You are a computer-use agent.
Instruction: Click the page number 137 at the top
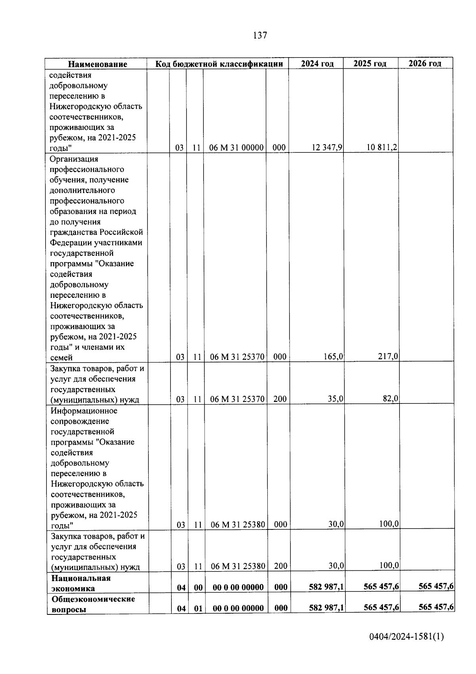coord(260,35)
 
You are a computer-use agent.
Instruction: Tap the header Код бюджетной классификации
coord(219,64)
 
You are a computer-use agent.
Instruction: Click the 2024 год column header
coord(317,64)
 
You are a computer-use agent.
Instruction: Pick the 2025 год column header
coord(370,64)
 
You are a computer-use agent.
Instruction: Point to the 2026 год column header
coord(425,63)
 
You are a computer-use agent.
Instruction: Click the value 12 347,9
coord(327,148)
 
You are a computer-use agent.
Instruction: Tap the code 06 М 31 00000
coord(236,148)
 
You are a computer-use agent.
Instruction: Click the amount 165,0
coord(334,357)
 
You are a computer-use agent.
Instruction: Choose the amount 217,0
coord(388,356)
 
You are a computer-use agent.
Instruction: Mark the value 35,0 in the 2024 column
coord(336,399)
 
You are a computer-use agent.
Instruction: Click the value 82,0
coord(390,398)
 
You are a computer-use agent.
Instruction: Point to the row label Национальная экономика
coord(81,583)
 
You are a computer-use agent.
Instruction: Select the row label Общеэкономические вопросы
coord(93,604)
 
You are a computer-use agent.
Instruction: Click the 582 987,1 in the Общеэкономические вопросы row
coord(326,608)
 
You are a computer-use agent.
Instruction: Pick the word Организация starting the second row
coord(74,159)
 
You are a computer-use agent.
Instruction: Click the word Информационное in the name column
coord(84,411)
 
